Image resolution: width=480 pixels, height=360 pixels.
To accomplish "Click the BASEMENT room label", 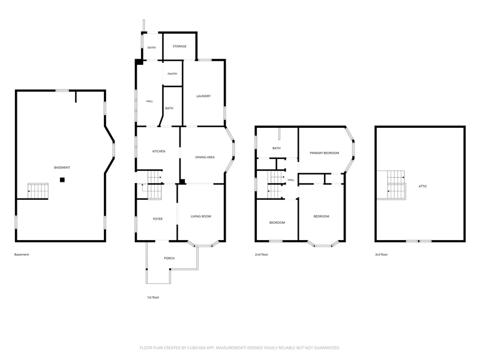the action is (x=62, y=167).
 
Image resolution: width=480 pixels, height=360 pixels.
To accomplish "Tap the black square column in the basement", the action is (x=62, y=180).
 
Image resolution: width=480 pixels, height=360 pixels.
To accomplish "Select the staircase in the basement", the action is (x=38, y=191).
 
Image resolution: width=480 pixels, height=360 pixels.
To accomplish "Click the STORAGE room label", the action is (x=179, y=46).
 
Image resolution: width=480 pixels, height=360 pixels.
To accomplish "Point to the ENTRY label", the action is (x=152, y=48).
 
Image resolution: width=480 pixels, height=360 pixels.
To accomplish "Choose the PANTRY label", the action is (x=172, y=74).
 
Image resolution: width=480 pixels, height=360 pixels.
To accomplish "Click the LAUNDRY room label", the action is (x=203, y=96).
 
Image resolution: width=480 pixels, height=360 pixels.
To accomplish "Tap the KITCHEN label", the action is (x=159, y=152).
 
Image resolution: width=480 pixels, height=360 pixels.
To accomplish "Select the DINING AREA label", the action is (x=205, y=157).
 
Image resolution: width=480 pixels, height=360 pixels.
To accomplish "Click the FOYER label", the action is (x=158, y=219).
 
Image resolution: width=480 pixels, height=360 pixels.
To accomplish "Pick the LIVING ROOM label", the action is (x=201, y=217).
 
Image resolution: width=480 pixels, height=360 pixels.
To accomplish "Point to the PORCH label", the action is (x=169, y=259).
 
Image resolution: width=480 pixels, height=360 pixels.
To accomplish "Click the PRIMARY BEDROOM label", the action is (x=325, y=153).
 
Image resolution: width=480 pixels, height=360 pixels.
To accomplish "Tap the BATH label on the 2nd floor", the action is (x=277, y=148).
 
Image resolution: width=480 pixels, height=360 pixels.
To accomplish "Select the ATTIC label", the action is (x=423, y=186).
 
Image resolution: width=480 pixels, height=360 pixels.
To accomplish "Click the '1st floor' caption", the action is (x=153, y=297).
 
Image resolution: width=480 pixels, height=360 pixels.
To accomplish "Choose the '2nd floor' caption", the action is (x=262, y=254).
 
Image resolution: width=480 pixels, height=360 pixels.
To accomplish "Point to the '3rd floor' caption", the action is (x=382, y=254).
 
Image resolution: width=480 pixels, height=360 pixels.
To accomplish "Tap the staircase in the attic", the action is (x=397, y=185).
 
